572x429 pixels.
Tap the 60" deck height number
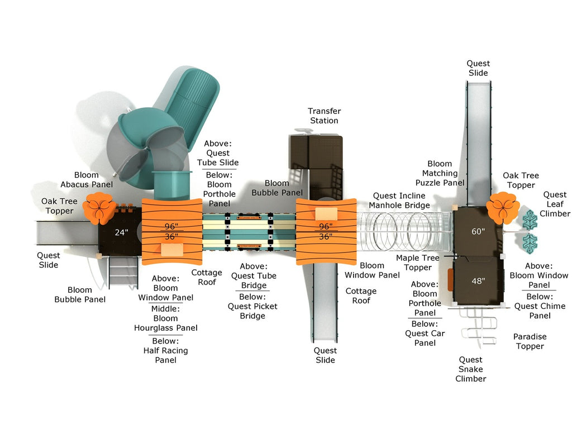(478, 232)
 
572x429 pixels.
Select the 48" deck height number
(478, 281)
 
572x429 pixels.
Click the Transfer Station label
(324, 116)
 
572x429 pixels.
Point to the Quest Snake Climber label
(470, 369)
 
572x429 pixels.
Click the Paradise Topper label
(530, 341)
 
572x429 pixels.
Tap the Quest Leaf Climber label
(555, 204)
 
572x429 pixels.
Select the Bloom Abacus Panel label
(87, 180)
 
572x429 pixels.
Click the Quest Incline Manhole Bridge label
(399, 201)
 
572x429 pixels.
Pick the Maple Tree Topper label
(418, 263)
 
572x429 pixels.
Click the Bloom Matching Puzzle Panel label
(440, 173)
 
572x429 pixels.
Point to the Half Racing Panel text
(165, 355)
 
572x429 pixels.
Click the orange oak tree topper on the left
(101, 208)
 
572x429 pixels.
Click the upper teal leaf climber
(529, 220)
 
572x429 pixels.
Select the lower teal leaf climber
(529, 242)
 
